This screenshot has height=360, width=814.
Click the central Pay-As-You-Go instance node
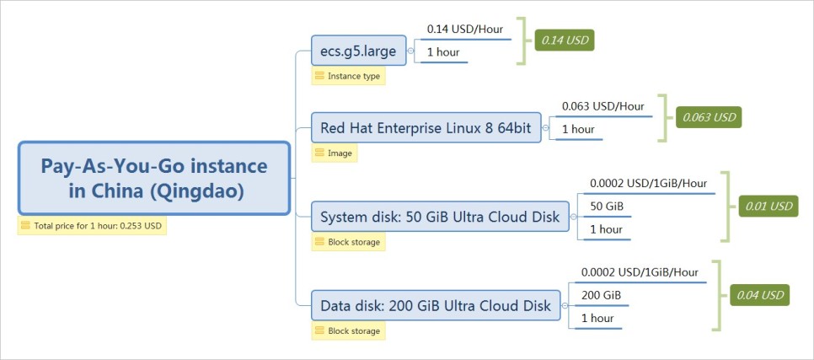click(x=154, y=178)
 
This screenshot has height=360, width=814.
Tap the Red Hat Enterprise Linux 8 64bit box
click(x=426, y=129)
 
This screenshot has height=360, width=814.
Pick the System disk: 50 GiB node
click(x=440, y=218)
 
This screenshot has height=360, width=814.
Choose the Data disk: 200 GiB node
click(x=435, y=305)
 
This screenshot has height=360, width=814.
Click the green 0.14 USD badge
click(x=565, y=39)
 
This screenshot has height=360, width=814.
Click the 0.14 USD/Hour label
click(x=465, y=30)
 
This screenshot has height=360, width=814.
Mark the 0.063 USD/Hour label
click(x=602, y=106)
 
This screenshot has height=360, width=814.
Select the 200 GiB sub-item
click(x=601, y=295)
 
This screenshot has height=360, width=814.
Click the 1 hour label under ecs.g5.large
click(x=442, y=52)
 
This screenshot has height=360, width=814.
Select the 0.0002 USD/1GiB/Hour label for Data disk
click(x=640, y=272)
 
